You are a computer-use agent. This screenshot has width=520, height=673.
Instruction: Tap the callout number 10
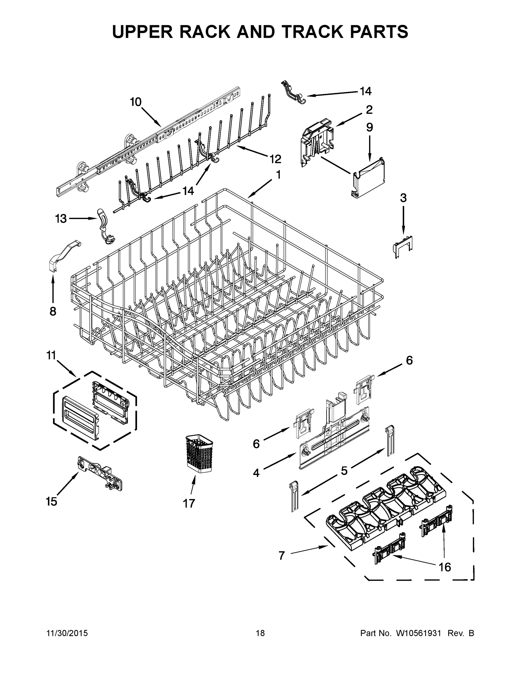click(x=136, y=102)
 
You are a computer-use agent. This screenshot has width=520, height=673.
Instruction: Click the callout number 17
click(x=189, y=504)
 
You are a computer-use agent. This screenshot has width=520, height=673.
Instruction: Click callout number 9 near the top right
click(x=369, y=127)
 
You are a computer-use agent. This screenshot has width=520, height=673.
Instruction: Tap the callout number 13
click(x=61, y=219)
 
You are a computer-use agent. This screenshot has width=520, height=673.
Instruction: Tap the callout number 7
click(x=281, y=556)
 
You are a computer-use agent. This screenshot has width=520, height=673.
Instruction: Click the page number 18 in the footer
click(x=260, y=633)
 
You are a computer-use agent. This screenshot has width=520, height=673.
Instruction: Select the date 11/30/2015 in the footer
click(x=67, y=633)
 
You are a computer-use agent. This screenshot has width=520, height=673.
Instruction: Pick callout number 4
click(x=256, y=473)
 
